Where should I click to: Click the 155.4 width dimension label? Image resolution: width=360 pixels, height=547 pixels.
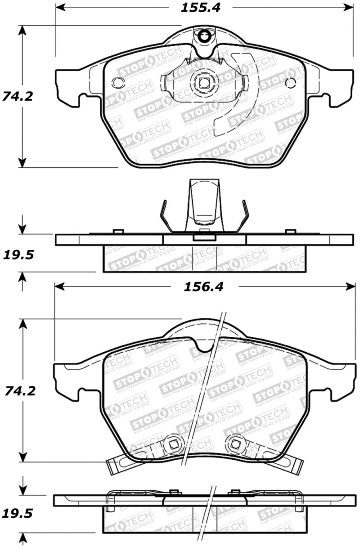[202, 8]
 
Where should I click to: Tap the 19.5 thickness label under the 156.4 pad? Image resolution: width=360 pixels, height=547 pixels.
[18, 514]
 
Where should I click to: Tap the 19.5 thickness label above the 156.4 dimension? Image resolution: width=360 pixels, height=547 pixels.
[18, 256]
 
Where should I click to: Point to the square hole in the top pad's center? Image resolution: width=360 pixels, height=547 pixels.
[204, 82]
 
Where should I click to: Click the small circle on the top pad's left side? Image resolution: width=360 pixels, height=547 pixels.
[118, 83]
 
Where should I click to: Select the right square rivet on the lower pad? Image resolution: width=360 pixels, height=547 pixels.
[234, 444]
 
